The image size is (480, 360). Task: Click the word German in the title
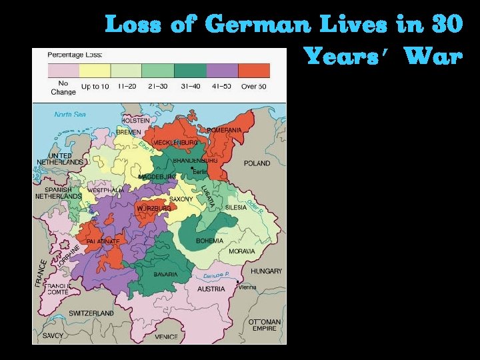[257, 25]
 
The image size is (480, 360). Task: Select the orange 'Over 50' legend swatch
[254, 71]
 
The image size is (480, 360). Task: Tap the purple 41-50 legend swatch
[222, 71]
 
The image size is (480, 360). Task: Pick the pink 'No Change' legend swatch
[63, 71]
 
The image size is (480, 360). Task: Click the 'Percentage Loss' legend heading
[75, 53]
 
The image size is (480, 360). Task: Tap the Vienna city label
[247, 287]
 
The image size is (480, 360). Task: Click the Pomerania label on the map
[224, 130]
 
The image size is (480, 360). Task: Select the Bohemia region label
[209, 241]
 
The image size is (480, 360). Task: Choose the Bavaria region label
[165, 275]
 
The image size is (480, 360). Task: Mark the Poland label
[257, 163]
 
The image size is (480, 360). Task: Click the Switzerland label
[91, 313]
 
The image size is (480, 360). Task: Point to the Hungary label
[266, 271]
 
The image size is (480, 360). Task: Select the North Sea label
[70, 115]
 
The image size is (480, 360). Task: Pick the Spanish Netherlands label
[58, 193]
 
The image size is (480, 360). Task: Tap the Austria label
[211, 289]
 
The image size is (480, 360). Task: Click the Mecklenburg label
[175, 143]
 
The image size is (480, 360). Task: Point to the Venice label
[166, 337]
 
